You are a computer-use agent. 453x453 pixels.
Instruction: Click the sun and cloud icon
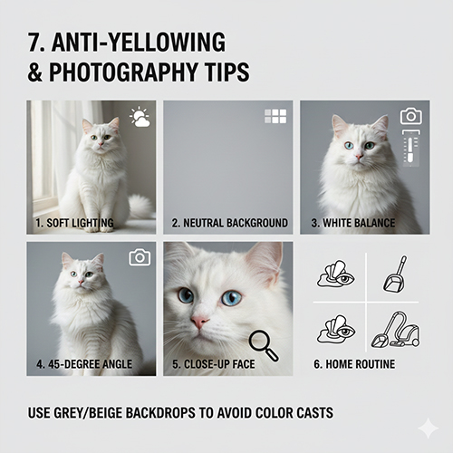tap(140, 117)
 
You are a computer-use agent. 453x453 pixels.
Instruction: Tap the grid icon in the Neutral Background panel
tap(275, 116)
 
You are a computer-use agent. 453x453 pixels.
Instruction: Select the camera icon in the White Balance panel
tap(411, 116)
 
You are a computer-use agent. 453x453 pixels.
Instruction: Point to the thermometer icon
tap(411, 148)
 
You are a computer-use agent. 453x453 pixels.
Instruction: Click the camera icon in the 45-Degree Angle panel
tap(140, 257)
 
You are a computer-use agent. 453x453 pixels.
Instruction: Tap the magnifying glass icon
tap(263, 345)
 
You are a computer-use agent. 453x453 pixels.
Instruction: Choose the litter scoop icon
tap(395, 274)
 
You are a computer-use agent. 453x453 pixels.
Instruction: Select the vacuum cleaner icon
tap(395, 330)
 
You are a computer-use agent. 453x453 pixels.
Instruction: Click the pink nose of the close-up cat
tap(199, 322)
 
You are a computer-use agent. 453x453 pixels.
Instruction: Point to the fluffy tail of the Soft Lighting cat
tap(140, 206)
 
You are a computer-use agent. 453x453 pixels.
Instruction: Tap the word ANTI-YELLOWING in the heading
tap(139, 42)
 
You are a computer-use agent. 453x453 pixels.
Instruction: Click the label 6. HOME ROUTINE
tap(354, 364)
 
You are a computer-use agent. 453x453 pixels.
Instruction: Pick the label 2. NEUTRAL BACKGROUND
tap(229, 223)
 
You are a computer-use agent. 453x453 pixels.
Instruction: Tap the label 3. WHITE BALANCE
tap(353, 223)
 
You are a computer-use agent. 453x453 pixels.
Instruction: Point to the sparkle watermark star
tap(428, 428)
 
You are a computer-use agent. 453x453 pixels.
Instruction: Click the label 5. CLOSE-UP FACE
tap(214, 364)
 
